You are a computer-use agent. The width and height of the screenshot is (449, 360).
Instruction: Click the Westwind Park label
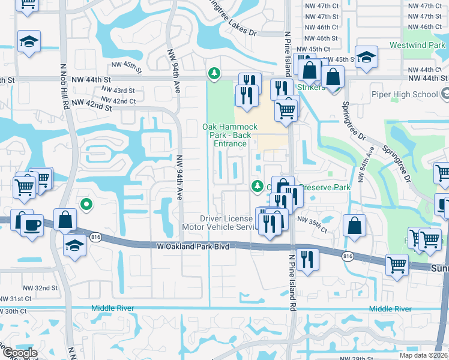pyautogui.click(x=416, y=45)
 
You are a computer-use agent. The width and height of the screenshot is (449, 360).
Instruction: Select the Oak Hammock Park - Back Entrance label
pyautogui.click(x=230, y=135)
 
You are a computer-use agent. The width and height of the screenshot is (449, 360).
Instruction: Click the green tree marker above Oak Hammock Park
pyautogui.click(x=213, y=74)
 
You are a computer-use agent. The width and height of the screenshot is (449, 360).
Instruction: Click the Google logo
pyautogui.click(x=20, y=353)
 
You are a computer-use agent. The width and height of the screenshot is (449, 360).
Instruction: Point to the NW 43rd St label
pyautogui.click(x=118, y=90)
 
